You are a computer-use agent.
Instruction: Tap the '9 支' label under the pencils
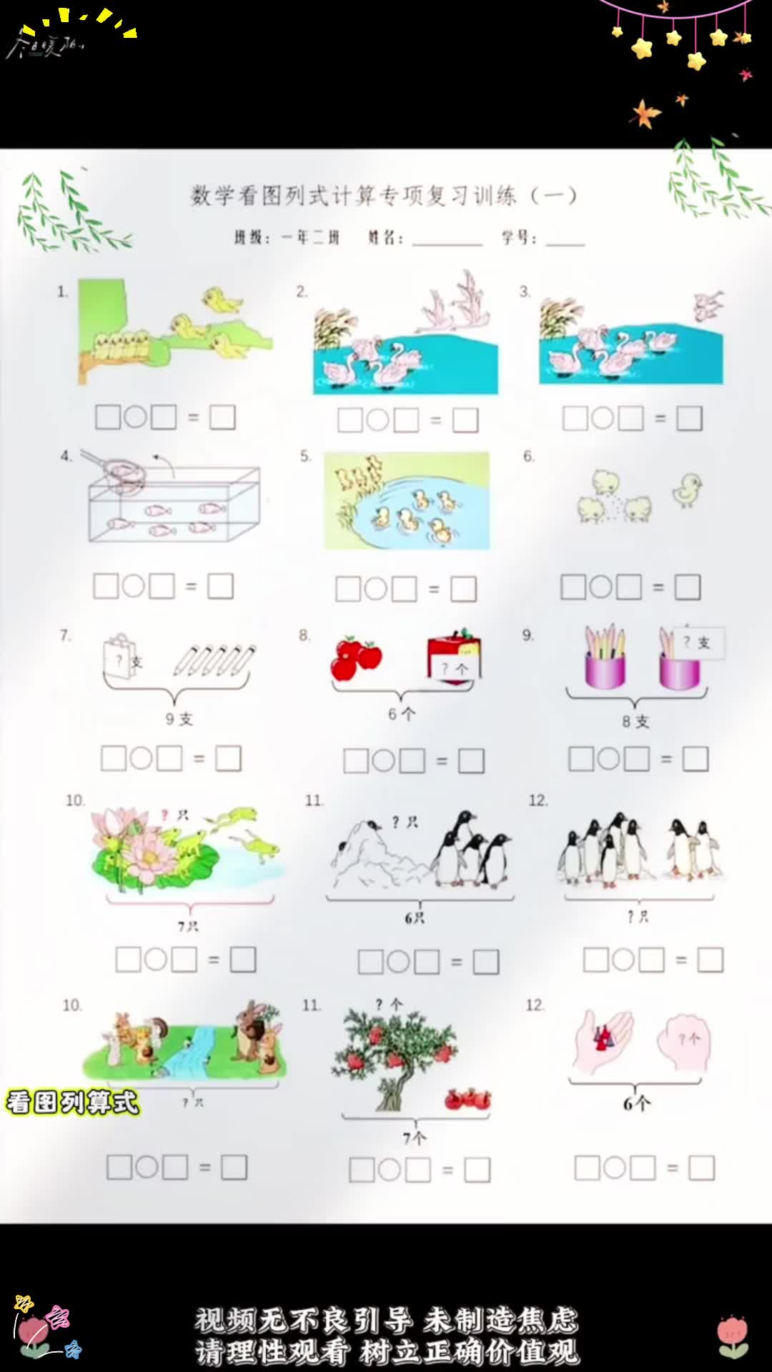(x=179, y=719)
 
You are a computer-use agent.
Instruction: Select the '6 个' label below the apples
(x=401, y=714)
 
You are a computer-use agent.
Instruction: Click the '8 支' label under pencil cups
(x=635, y=722)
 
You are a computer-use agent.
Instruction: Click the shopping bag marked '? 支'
(x=120, y=656)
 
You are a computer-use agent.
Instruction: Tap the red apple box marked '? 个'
(x=454, y=656)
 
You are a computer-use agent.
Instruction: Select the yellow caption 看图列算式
(x=72, y=1103)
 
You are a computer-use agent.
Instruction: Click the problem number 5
(x=305, y=456)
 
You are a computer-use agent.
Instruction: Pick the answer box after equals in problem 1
(x=222, y=417)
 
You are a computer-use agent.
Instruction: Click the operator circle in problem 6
(x=600, y=587)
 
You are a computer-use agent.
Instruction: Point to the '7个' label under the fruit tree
(x=414, y=1138)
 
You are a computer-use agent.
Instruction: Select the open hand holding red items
(x=604, y=1040)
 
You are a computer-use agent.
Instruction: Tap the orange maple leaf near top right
(x=645, y=113)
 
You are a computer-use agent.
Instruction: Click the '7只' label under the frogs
(x=188, y=926)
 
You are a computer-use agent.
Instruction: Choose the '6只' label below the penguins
(x=415, y=918)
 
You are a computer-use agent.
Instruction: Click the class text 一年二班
(x=310, y=238)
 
